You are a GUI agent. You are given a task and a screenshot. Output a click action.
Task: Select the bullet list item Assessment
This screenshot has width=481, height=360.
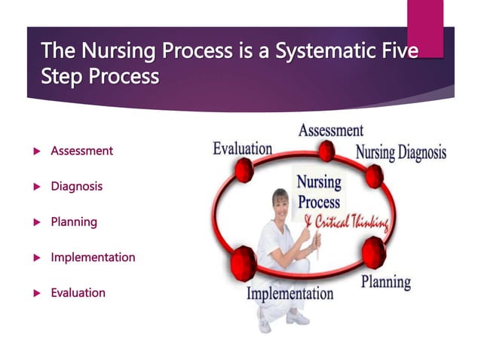(81, 151)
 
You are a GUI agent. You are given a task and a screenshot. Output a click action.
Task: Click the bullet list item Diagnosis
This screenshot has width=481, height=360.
(76, 186)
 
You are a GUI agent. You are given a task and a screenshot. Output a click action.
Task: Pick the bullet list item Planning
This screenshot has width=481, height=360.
(73, 221)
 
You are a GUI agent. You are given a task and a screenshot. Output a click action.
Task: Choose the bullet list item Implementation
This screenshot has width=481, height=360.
(93, 257)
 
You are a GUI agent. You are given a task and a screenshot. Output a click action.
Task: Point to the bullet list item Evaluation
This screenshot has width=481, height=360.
(78, 292)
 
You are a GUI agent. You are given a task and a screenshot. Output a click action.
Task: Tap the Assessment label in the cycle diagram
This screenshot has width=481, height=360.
(330, 130)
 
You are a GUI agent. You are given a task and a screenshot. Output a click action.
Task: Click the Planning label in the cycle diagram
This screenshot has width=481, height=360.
(385, 282)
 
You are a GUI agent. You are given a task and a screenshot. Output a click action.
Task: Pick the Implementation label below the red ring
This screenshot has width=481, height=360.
(290, 293)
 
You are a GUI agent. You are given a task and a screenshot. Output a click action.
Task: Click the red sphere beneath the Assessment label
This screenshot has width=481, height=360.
(326, 151)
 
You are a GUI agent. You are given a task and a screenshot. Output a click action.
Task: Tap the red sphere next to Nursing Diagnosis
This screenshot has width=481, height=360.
(374, 176)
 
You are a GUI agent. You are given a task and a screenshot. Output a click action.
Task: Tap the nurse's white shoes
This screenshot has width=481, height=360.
(286, 320)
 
